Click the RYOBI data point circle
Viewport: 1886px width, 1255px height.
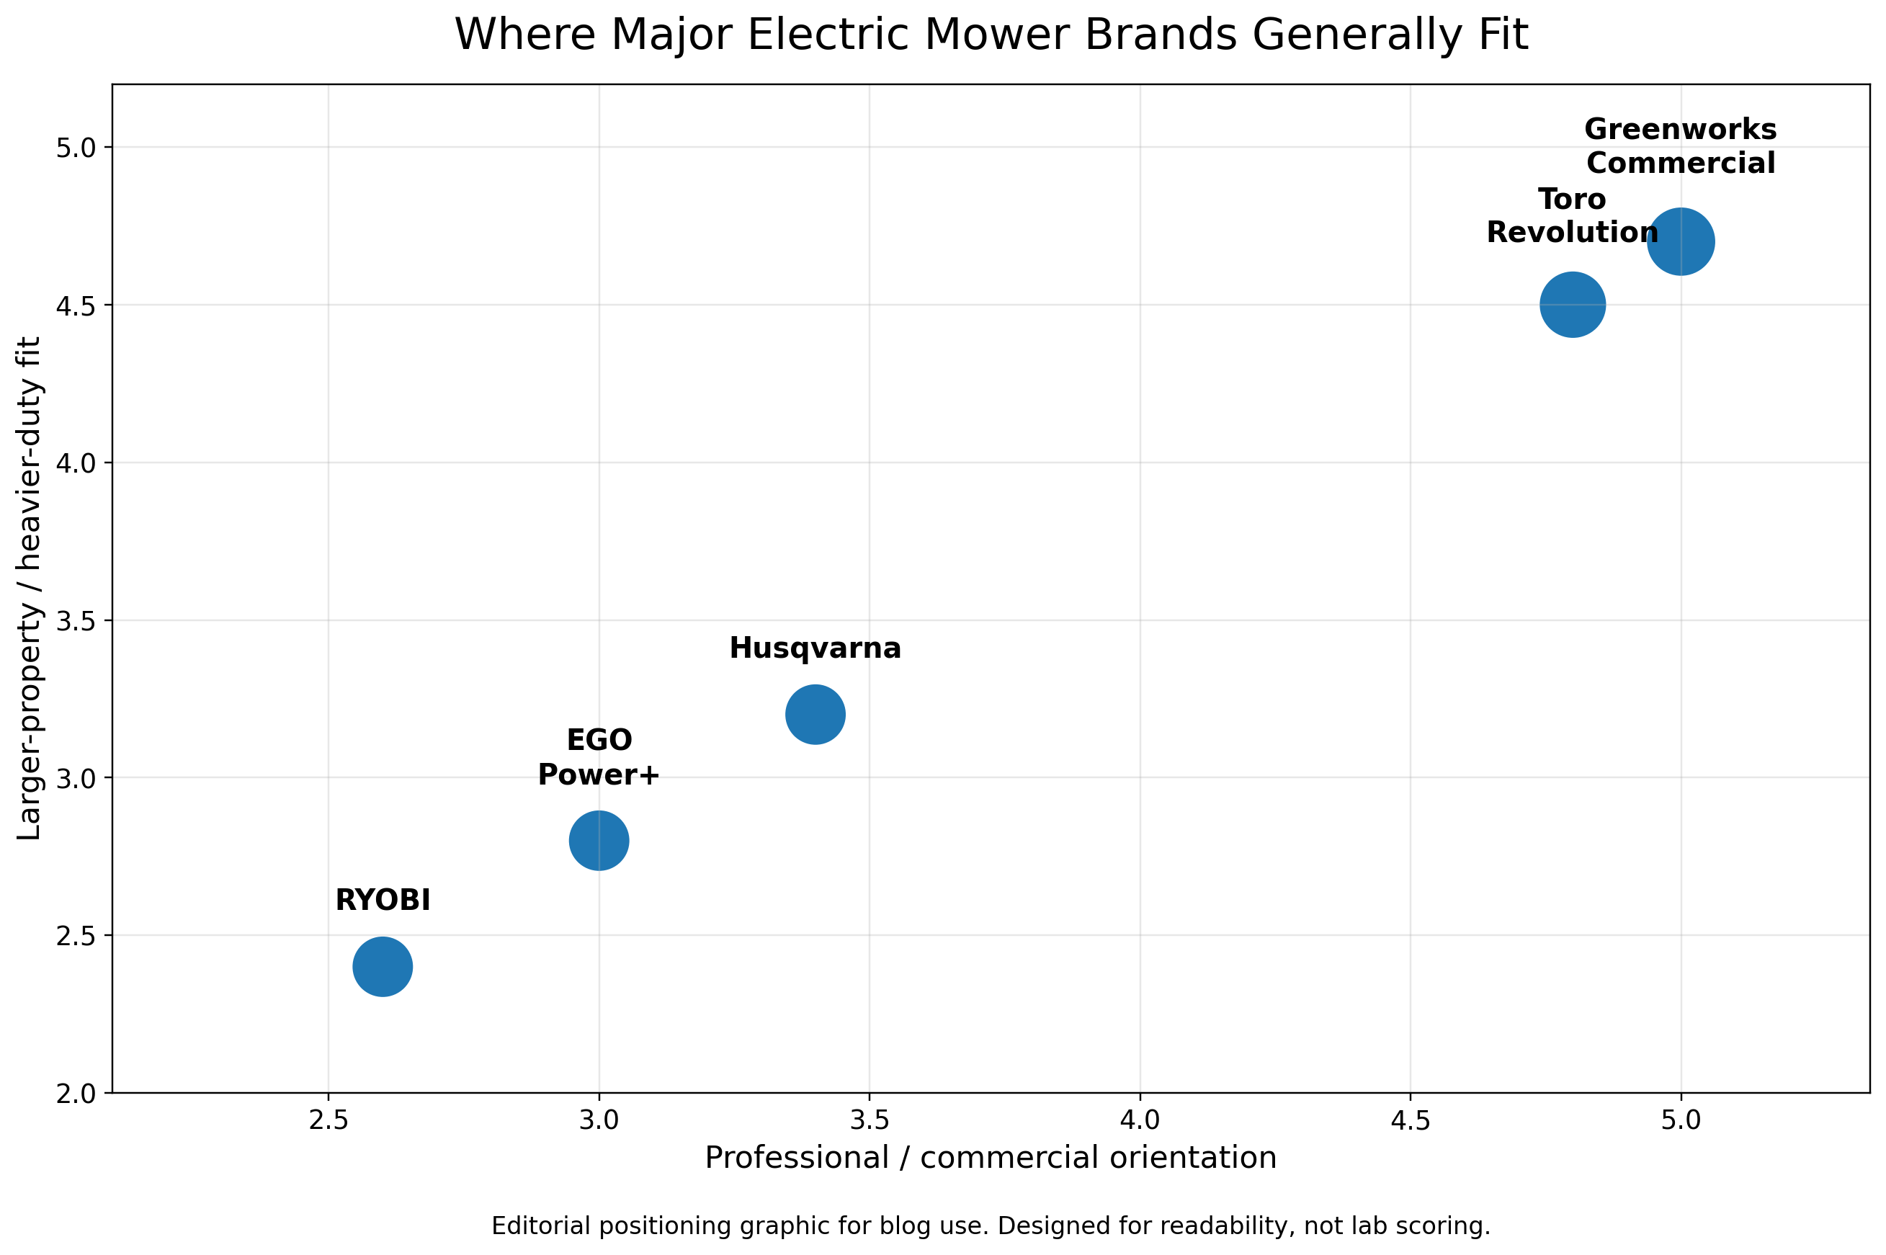(x=383, y=966)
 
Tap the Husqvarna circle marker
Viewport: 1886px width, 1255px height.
(x=815, y=714)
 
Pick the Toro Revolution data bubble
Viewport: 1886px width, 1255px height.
(x=1573, y=304)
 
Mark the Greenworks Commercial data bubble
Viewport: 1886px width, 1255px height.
(x=1681, y=241)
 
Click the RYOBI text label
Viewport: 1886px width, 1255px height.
(x=383, y=901)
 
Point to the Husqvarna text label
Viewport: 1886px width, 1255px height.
(x=815, y=648)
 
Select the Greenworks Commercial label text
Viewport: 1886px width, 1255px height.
(x=1681, y=146)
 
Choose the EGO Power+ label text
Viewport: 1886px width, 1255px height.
(x=599, y=757)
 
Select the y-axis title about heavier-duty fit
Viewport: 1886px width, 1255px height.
(x=30, y=589)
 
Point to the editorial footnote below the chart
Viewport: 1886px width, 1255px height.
(x=991, y=1226)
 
